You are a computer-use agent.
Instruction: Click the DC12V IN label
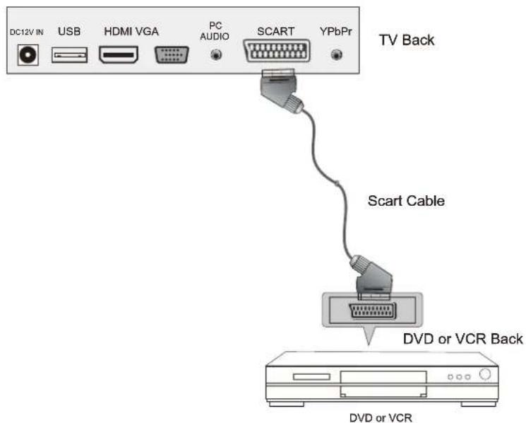pyautogui.click(x=26, y=33)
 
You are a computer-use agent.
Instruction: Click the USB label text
pyautogui.click(x=69, y=32)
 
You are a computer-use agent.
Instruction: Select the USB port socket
pyautogui.click(x=69, y=55)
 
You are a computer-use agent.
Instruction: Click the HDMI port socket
pyautogui.click(x=119, y=55)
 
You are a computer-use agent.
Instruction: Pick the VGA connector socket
pyautogui.click(x=170, y=55)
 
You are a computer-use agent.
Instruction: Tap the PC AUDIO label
pyautogui.click(x=215, y=30)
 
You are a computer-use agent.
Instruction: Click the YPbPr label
pyautogui.click(x=336, y=32)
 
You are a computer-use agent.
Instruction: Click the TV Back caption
pyautogui.click(x=407, y=40)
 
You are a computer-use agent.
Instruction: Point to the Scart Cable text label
pyautogui.click(x=406, y=201)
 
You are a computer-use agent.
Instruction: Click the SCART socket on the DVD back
pyautogui.click(x=373, y=311)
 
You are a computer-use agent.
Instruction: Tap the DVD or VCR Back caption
pyautogui.click(x=462, y=339)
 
